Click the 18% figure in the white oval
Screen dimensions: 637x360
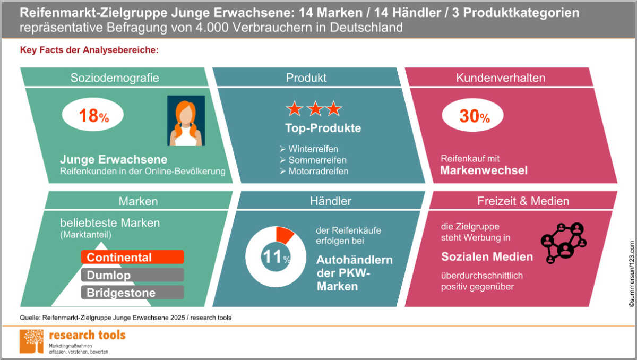(94, 116)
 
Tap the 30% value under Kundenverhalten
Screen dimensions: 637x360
(475, 116)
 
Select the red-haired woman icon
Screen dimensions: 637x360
(186, 121)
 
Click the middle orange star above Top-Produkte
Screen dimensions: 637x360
(315, 109)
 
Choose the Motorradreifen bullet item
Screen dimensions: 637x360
(314, 171)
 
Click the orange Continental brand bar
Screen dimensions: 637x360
(133, 257)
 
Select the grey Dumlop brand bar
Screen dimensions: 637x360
(133, 275)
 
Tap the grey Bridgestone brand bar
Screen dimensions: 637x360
(133, 293)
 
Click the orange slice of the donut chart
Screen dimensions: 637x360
(284, 235)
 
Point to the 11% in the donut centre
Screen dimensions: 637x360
(276, 257)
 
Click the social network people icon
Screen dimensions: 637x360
(564, 243)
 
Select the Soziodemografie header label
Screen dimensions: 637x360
(115, 78)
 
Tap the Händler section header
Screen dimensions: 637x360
(330, 201)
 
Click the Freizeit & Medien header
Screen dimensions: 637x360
(523, 201)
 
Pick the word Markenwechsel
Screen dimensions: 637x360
(484, 170)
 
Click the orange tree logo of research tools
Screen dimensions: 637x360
(31, 341)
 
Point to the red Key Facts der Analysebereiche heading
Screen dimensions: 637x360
(89, 50)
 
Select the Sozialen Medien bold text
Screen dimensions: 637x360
(487, 256)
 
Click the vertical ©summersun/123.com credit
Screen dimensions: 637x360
(632, 273)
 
